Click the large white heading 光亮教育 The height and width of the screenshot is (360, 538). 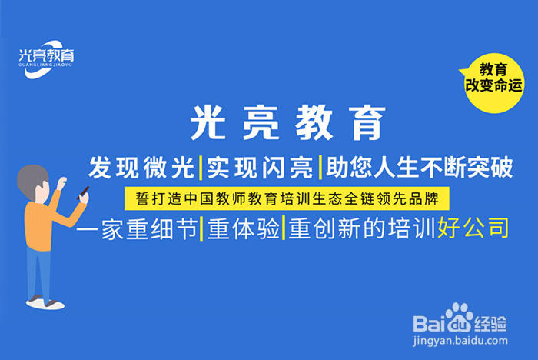287,123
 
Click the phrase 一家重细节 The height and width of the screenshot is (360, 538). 137,228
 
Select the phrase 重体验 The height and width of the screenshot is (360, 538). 241,228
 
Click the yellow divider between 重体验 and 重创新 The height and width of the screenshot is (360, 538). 284,228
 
